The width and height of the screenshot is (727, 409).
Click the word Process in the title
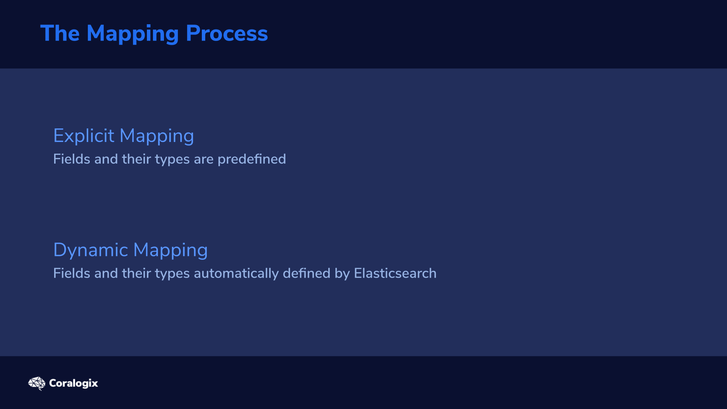227,33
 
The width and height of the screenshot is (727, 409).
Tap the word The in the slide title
60,33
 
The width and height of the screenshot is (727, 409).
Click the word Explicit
84,136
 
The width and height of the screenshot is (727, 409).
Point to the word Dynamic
91,250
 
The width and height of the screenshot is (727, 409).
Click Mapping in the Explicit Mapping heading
157,137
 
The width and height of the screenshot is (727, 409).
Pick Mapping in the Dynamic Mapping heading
170,251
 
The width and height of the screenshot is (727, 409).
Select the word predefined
252,159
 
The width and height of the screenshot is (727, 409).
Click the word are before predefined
204,160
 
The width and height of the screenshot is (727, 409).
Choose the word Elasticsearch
395,273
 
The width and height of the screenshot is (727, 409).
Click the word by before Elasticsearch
342,274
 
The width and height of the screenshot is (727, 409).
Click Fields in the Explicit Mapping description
72,159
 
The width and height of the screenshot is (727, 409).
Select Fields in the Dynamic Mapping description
72,273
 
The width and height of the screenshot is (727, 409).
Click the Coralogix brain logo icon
37,383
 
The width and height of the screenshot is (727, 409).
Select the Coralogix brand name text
73,384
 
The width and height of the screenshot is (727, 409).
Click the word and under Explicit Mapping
106,159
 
